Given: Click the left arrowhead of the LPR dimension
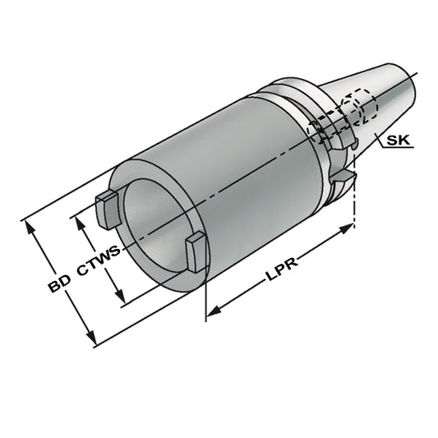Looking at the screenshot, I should click(x=213, y=311).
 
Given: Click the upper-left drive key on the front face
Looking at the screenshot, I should click(x=106, y=207).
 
